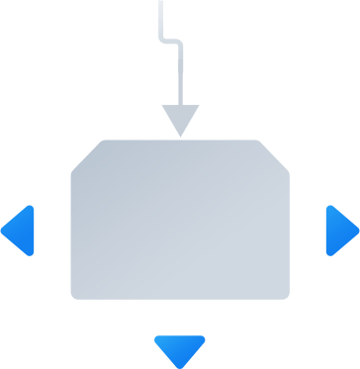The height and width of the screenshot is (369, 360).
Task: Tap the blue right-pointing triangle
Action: pyautogui.click(x=339, y=231)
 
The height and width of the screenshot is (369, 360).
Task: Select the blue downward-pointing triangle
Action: pyautogui.click(x=180, y=347)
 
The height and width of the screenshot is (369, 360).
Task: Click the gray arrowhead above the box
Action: pyautogui.click(x=180, y=118)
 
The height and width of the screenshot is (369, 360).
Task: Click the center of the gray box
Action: pyautogui.click(x=180, y=219)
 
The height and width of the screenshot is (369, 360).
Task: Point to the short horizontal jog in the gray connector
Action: pyautogui.click(x=169, y=41)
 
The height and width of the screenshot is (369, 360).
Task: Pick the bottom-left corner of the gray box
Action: pyautogui.click(x=73, y=295)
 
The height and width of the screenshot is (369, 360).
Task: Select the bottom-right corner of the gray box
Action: pyautogui.click(x=287, y=295)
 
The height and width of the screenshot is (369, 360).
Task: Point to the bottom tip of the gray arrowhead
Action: pyautogui.click(x=180, y=136)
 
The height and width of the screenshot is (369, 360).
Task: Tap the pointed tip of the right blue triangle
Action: pyautogui.click(x=357, y=231)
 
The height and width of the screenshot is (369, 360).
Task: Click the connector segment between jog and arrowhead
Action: pyautogui.click(x=180, y=74)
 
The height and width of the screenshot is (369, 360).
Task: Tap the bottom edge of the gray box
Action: pyautogui.click(x=180, y=297)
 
